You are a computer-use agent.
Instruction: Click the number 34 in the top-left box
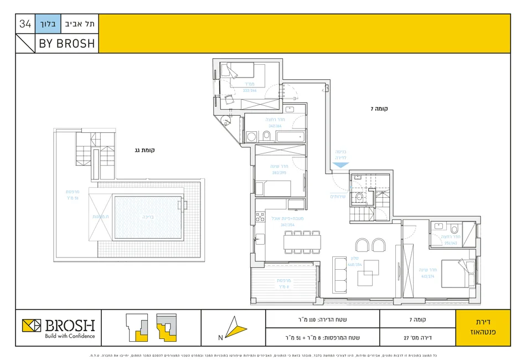coord(25,24)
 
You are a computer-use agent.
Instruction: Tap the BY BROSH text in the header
coord(66,43)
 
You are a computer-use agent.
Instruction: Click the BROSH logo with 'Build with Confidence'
coord(59,328)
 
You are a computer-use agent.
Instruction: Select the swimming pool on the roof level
coord(147,217)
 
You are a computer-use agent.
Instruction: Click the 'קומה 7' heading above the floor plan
coord(380,109)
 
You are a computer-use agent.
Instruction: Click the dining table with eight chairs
coord(302,241)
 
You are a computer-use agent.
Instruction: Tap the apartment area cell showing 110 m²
coord(323,320)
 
